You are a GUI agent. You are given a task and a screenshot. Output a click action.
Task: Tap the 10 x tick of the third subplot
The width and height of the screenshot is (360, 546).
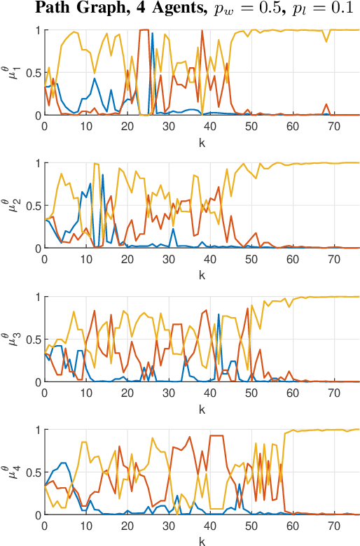tap(85, 391)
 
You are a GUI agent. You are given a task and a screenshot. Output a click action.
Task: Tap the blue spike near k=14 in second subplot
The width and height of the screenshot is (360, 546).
tap(102, 175)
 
